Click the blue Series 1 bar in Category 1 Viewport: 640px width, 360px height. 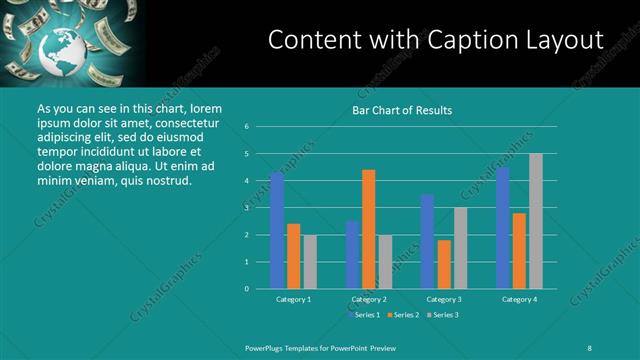[277, 231]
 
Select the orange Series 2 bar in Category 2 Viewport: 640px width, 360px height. [368, 229]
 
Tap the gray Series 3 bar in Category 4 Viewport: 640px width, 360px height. [536, 221]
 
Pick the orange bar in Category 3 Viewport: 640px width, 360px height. [443, 264]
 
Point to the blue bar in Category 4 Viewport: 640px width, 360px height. [502, 228]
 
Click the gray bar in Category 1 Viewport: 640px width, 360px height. [310, 262]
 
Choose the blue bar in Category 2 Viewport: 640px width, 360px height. [352, 255]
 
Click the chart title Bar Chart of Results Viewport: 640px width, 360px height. [402, 110]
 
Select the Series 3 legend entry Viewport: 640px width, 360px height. [444, 316]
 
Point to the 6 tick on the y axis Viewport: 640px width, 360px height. [246, 127]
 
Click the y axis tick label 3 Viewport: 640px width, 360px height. [246, 208]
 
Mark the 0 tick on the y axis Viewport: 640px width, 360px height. [246, 289]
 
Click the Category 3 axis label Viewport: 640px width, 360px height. [444, 299]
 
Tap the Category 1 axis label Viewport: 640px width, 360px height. [294, 299]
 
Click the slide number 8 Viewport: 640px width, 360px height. [589, 346]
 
